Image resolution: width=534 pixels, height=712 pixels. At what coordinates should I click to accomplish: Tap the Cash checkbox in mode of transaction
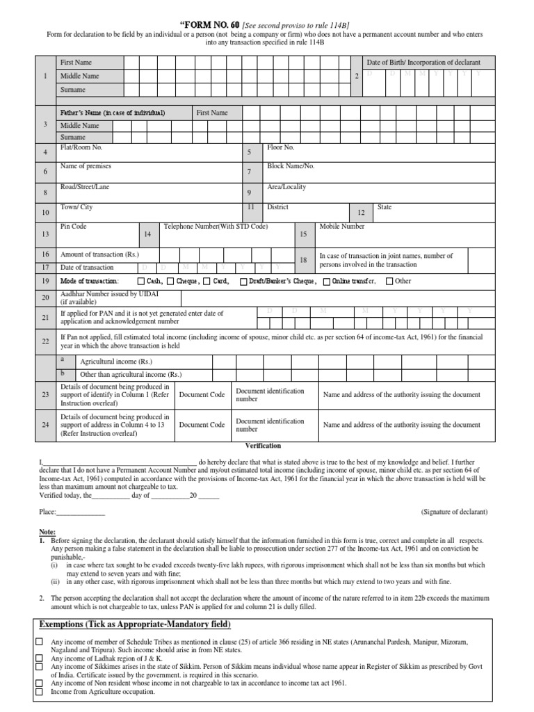click(x=142, y=282)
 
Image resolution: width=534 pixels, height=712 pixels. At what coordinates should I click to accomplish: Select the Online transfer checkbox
click(x=327, y=282)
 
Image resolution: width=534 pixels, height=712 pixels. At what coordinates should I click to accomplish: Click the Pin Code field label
click(x=74, y=227)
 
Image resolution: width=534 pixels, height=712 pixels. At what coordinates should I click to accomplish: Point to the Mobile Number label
click(x=341, y=227)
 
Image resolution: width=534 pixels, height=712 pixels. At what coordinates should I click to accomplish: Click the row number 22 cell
click(x=45, y=341)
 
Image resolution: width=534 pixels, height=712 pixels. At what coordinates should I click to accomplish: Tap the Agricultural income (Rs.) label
click(x=115, y=362)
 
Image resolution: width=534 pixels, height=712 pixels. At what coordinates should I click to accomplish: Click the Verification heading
click(x=263, y=446)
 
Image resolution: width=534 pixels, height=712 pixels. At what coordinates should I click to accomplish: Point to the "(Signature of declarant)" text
click(x=454, y=512)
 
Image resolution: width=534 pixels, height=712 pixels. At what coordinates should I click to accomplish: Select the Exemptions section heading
click(x=133, y=624)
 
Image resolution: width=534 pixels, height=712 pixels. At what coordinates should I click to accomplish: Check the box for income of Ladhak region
click(x=40, y=658)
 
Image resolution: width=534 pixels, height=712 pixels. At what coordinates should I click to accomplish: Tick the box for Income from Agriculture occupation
click(x=40, y=692)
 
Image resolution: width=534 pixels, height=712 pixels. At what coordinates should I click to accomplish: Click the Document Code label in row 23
click(x=202, y=394)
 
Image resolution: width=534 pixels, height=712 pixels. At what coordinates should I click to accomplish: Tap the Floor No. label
click(x=281, y=148)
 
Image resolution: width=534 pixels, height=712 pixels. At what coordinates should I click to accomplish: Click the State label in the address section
click(x=385, y=207)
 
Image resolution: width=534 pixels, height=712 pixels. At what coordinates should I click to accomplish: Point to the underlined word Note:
click(x=47, y=531)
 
